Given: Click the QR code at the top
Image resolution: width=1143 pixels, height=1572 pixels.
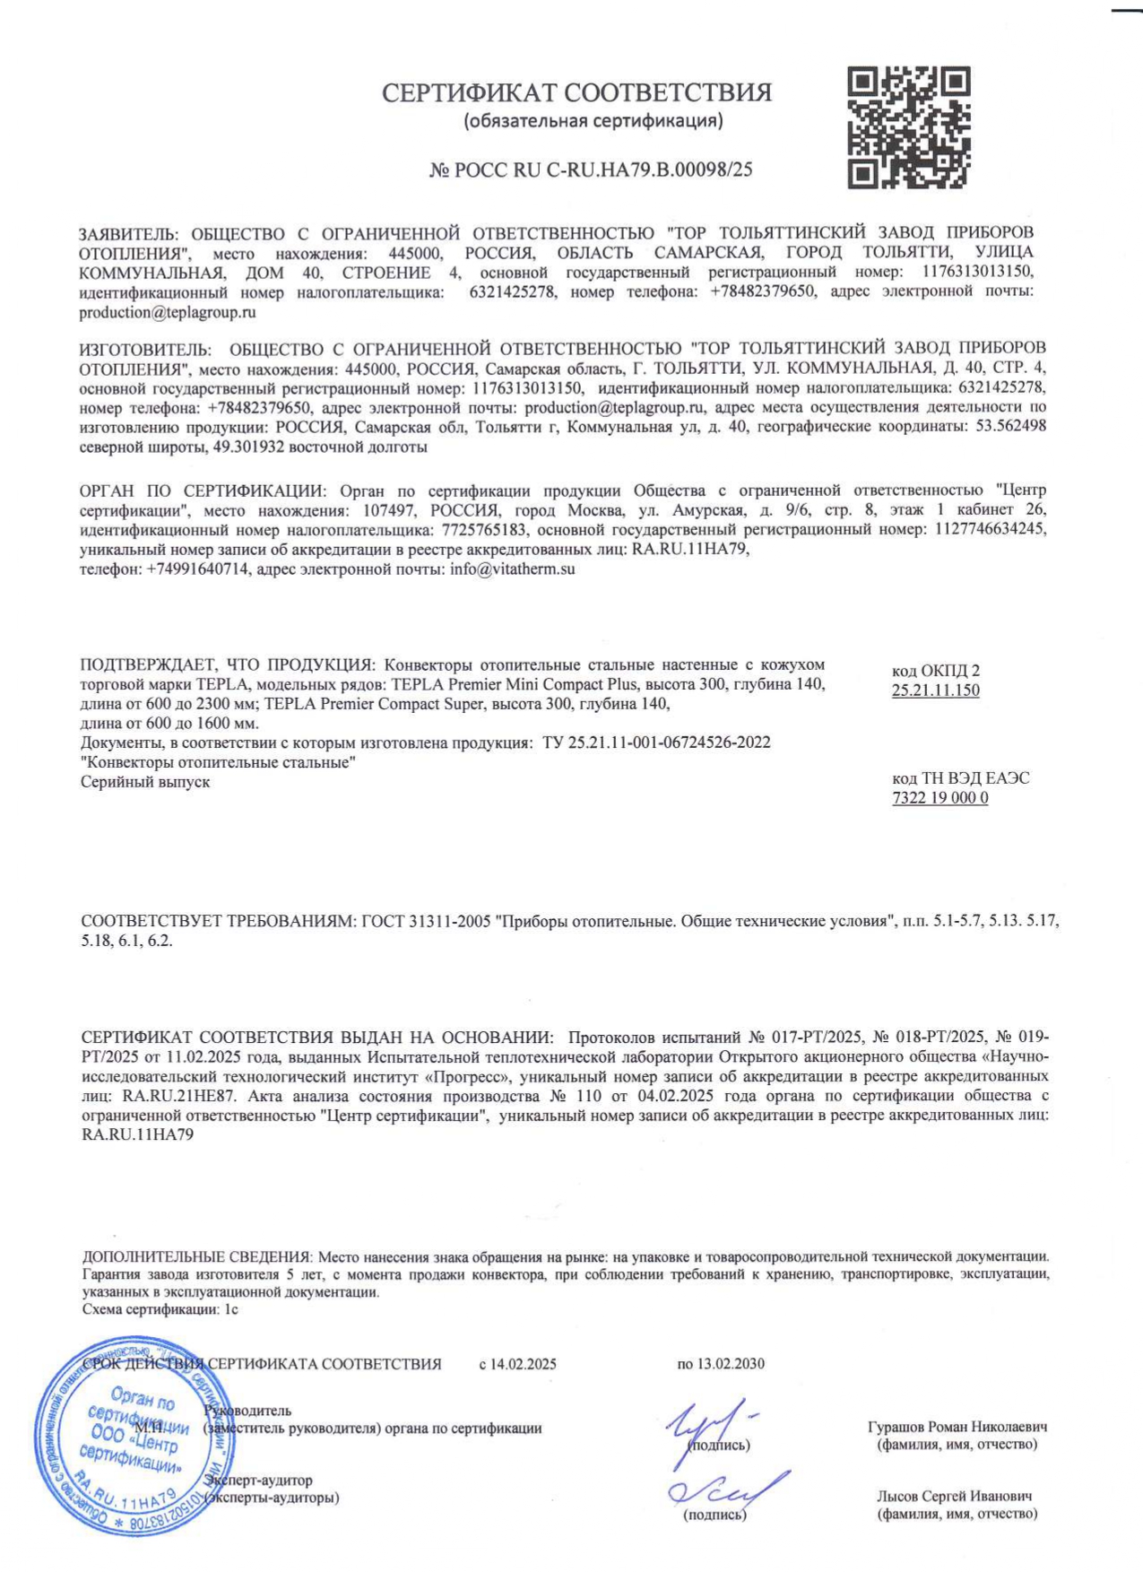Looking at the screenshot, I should click(x=909, y=126).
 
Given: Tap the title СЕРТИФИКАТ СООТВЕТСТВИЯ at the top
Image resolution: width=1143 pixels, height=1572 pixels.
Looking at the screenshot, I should click(x=576, y=92).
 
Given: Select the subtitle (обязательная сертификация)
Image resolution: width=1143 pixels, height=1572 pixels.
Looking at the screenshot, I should click(x=593, y=120).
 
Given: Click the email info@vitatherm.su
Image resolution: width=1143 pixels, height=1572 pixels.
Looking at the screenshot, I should click(x=513, y=569).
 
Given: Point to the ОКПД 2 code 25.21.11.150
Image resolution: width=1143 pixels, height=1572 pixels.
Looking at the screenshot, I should click(x=935, y=690).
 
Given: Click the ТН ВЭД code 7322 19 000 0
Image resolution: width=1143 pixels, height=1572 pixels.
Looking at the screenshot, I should click(x=940, y=798).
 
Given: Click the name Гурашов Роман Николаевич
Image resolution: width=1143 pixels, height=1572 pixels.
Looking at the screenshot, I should click(x=957, y=1427).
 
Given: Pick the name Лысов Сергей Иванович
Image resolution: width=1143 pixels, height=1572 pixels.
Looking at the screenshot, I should click(x=954, y=1496).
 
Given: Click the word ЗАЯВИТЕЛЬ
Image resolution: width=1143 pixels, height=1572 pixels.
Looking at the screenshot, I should click(x=128, y=233).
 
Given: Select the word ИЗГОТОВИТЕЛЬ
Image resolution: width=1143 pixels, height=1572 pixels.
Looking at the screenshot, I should click(x=144, y=347).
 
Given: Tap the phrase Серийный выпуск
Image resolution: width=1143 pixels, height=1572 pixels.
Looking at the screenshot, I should click(x=145, y=782).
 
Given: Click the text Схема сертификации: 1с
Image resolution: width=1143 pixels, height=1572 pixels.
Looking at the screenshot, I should click(x=160, y=1309).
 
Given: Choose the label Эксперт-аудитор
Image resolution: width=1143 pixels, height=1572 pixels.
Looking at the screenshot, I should click(x=258, y=1481).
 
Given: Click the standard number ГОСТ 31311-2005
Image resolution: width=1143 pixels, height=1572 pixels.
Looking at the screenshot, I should click(x=426, y=922).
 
